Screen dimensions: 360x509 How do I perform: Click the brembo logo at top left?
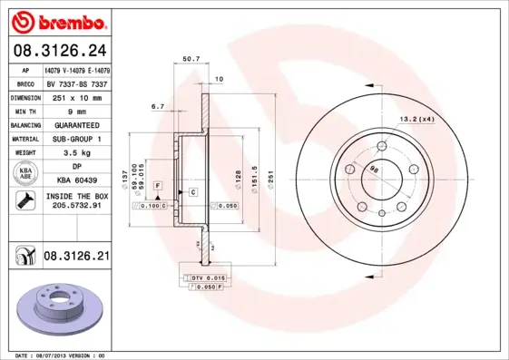pos(56,19)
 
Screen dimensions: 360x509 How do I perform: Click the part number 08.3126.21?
pos(76,257)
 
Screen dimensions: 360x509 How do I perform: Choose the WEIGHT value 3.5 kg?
pos(76,154)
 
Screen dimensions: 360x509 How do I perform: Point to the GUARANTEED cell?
pos(76,125)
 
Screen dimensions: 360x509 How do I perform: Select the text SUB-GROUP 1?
pos(76,140)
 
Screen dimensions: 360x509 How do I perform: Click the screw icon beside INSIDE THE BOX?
pos(24,201)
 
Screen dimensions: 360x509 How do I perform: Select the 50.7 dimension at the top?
pos(191,59)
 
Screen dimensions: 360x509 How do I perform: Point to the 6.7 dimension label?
pos(157,107)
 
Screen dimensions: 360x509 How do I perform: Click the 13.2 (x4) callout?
pos(417,118)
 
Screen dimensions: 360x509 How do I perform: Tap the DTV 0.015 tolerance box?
pos(208,277)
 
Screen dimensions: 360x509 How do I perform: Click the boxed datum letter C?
pos(193,192)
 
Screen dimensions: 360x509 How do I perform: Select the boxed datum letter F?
pos(158,184)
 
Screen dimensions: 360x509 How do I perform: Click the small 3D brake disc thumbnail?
pos(56,309)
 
